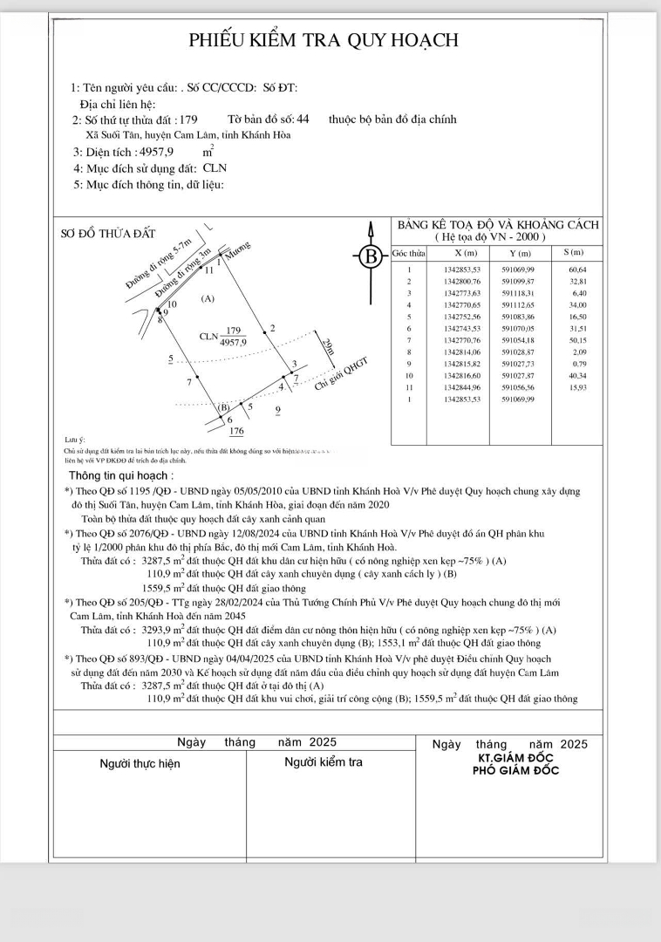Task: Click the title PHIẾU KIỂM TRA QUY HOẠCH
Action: (x=324, y=40)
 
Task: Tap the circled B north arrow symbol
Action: (x=371, y=256)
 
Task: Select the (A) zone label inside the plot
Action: (x=208, y=299)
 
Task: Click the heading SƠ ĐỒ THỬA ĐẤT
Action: (x=108, y=233)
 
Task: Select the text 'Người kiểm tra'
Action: (x=323, y=762)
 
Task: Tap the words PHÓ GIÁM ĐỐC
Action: (x=515, y=770)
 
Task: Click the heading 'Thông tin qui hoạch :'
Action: (x=121, y=476)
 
